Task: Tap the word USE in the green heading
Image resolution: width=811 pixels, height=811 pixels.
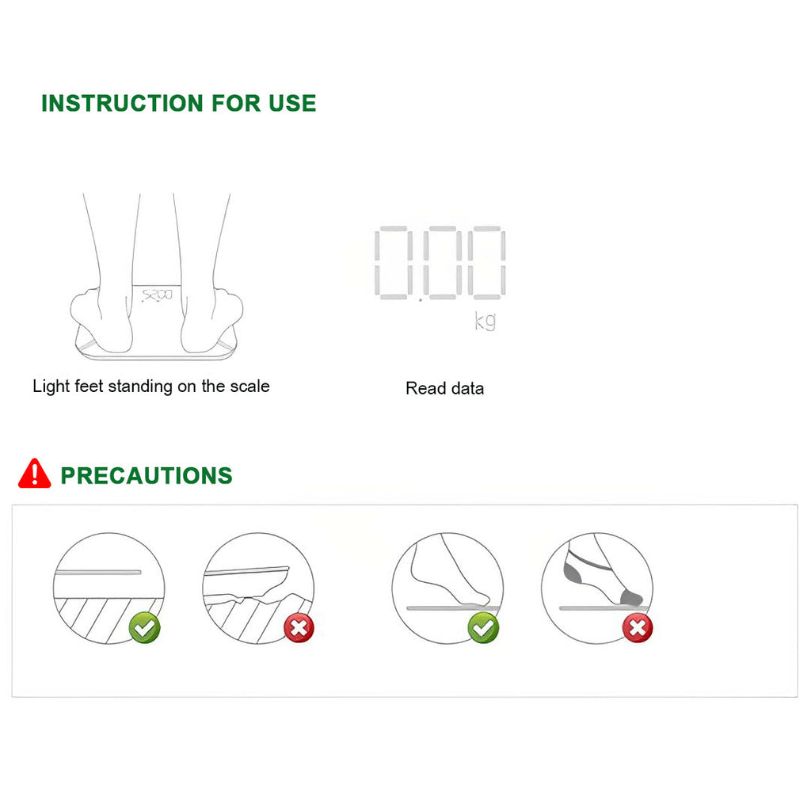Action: coord(292,104)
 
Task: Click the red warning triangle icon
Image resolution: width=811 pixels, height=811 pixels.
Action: coord(35,474)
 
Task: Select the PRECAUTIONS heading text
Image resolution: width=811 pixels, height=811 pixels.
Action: coord(147,476)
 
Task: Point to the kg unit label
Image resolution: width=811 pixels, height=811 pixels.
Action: coord(485,321)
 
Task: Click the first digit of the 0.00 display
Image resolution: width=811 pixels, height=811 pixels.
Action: coord(394,262)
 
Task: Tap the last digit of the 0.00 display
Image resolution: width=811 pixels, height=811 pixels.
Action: coord(487,262)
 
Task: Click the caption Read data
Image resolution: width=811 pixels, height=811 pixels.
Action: coord(445,388)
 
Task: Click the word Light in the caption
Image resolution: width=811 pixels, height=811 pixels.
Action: coord(51,386)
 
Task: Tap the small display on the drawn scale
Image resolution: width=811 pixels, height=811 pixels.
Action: coord(158,295)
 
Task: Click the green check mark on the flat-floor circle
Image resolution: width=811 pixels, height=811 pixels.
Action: coord(145,628)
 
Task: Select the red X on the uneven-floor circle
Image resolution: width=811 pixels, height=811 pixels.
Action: coord(299,628)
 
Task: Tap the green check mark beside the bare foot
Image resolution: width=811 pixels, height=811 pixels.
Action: coord(484,628)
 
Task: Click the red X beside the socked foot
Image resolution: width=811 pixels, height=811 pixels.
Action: coord(638,628)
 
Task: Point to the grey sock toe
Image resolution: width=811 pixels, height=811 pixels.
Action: coord(631,597)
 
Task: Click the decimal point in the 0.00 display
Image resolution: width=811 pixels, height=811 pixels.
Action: coord(421,299)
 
